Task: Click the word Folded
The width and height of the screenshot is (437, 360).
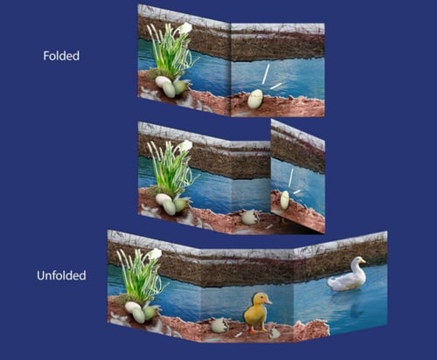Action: pyautogui.click(x=61, y=56)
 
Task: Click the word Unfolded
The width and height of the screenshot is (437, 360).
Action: pyautogui.click(x=61, y=275)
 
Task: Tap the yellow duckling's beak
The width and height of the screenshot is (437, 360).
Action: pyautogui.click(x=268, y=302)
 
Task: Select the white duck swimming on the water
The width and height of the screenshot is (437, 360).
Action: pyautogui.click(x=348, y=274)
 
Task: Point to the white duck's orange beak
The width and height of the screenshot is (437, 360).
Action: pyautogui.click(x=364, y=261)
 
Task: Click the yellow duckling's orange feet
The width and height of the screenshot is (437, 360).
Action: pyautogui.click(x=257, y=330)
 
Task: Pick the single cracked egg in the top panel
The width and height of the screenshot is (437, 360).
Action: pyautogui.click(x=255, y=99)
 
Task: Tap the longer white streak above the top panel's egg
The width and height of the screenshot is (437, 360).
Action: pyautogui.click(x=266, y=74)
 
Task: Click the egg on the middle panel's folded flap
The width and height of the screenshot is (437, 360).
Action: pyautogui.click(x=285, y=200)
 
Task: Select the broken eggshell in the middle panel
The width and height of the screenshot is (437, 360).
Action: pyautogui.click(x=250, y=218)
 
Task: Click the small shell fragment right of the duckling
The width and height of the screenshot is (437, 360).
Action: pyautogui.click(x=274, y=333)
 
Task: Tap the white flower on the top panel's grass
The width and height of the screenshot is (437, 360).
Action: pyautogui.click(x=185, y=28)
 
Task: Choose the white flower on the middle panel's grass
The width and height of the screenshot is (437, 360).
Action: pyautogui.click(x=186, y=145)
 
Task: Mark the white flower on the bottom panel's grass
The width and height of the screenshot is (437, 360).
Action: pyautogui.click(x=155, y=254)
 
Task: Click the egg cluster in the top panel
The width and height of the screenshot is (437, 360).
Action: pyautogui.click(x=171, y=86)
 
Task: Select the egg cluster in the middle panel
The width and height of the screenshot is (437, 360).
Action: pyautogui.click(x=172, y=204)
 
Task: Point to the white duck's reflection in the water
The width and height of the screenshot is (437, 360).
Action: pyautogui.click(x=357, y=308)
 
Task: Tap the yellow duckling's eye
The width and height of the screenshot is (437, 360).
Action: pyautogui.click(x=261, y=298)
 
